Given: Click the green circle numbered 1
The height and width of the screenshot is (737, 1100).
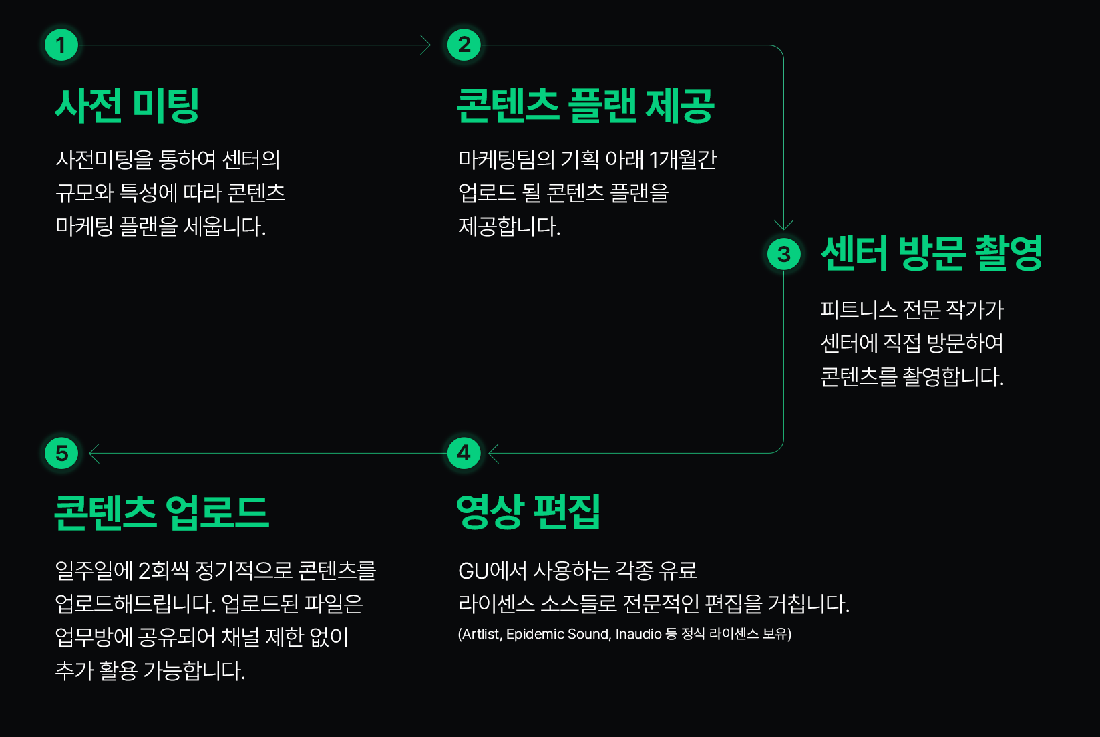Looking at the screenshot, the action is pos(61,45).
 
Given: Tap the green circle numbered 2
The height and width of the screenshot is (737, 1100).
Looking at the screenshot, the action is pos(464,45).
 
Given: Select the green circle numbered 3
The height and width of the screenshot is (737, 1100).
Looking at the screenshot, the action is pos(783,254).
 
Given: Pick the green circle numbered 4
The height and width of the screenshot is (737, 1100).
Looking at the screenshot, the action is pos(464,453).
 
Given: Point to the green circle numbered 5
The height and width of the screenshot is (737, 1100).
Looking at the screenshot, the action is pos(61,453).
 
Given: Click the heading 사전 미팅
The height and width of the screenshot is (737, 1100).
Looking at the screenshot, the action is pos(127,105).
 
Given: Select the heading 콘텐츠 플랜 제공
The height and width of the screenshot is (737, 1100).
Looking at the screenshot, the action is pos(585,105).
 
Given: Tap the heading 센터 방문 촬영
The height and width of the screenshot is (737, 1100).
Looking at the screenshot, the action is pos(932,253).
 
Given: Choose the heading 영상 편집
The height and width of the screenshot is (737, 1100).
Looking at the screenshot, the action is pos(528,512).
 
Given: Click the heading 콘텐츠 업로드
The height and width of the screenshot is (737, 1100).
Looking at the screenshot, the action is pos(162,512).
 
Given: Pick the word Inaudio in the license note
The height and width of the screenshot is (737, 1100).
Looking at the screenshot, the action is pos(638,634).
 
